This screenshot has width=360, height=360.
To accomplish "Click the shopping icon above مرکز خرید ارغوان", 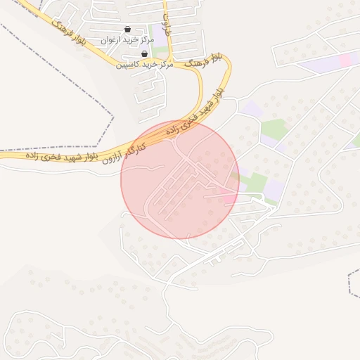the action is [127, 29].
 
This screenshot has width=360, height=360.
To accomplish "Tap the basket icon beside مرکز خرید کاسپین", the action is [144, 53].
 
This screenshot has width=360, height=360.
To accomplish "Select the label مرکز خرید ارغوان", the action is [127, 40].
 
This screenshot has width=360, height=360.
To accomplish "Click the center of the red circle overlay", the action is [180, 179].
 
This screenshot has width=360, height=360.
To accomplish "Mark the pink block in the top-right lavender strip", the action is [346, 60].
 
